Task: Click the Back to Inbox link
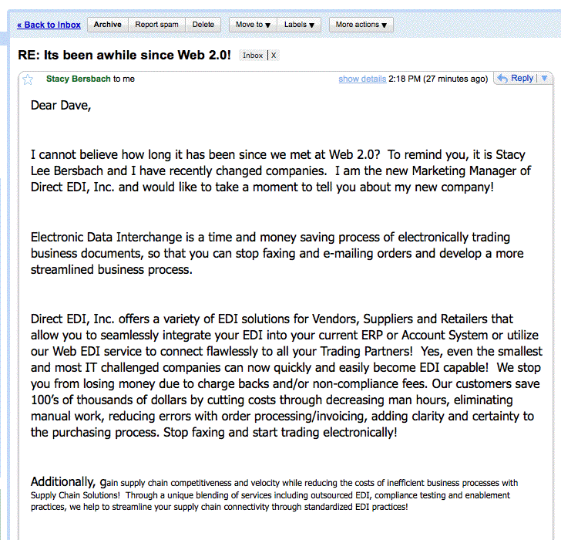[x=49, y=25]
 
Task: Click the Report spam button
[x=157, y=25]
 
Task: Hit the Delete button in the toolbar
[x=203, y=25]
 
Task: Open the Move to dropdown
[x=253, y=25]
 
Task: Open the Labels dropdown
[x=299, y=25]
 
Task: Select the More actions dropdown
[x=361, y=25]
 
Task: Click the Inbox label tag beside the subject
[x=253, y=56]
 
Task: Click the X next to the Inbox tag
[x=273, y=56]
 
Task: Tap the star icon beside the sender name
[x=29, y=79]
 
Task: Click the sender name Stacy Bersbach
[x=79, y=79]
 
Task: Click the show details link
[x=362, y=79]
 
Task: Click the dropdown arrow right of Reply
[x=544, y=79]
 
